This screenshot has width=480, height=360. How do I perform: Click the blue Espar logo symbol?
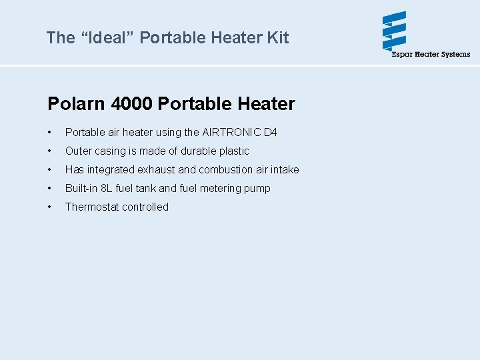(x=395, y=31)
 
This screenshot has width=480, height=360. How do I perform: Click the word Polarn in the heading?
(x=77, y=104)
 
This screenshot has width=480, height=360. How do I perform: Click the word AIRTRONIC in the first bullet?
(x=231, y=132)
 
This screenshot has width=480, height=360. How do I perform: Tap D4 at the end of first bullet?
(x=271, y=132)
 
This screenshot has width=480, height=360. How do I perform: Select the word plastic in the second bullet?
(x=234, y=151)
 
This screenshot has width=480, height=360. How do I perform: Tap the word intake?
(x=285, y=169)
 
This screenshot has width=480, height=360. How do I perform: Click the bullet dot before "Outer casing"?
(x=50, y=151)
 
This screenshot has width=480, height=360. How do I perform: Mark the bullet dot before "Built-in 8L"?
(x=50, y=189)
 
